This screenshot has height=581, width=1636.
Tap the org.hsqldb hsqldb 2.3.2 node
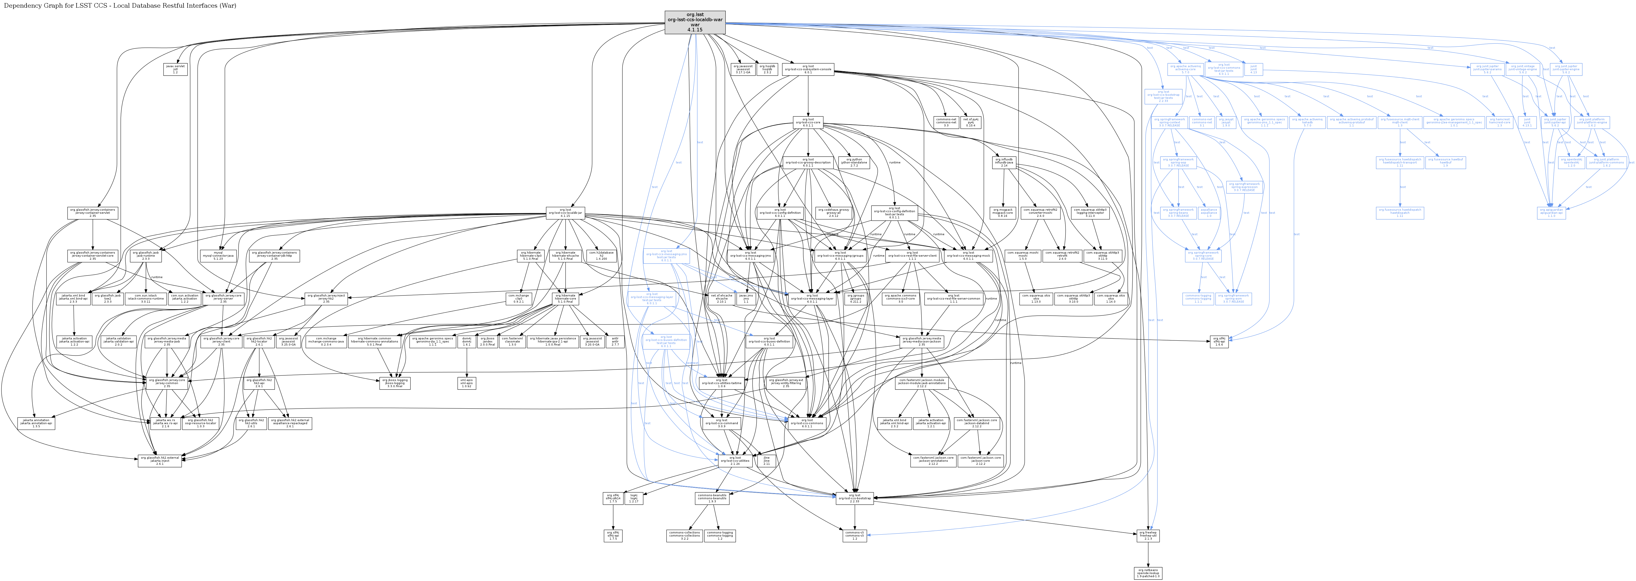click(767, 69)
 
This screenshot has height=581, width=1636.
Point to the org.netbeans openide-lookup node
click(1148, 573)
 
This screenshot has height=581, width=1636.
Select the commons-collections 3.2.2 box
click(684, 536)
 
